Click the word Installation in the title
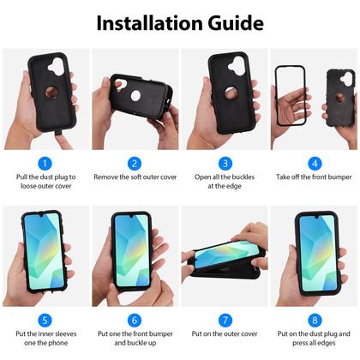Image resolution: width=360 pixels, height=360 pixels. point(150,23)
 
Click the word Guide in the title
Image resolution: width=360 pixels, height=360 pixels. point(236,23)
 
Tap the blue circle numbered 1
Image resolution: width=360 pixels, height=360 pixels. point(45,164)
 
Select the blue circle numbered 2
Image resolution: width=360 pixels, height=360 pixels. point(135,164)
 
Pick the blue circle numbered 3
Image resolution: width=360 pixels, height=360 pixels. point(225,164)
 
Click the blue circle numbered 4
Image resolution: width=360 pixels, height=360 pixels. point(315,164)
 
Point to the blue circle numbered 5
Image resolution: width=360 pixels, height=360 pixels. point(45,321)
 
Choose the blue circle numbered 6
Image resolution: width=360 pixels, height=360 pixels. point(135,321)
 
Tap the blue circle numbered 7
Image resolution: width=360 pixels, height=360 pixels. point(225,321)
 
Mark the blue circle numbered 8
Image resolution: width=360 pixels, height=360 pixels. point(315,321)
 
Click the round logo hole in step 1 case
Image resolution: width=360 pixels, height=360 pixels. point(51,92)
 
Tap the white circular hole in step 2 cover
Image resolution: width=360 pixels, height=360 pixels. point(135,96)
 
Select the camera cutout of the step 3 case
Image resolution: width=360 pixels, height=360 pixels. point(237,66)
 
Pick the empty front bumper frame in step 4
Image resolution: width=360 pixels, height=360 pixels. point(277,96)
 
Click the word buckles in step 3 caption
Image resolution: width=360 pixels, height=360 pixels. point(242,177)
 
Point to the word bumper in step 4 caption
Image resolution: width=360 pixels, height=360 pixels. point(339,177)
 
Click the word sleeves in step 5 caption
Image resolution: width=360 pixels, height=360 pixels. point(66,333)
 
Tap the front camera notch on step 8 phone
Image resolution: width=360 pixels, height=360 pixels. point(316,218)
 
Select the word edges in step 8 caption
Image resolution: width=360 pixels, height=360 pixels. point(327,343)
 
